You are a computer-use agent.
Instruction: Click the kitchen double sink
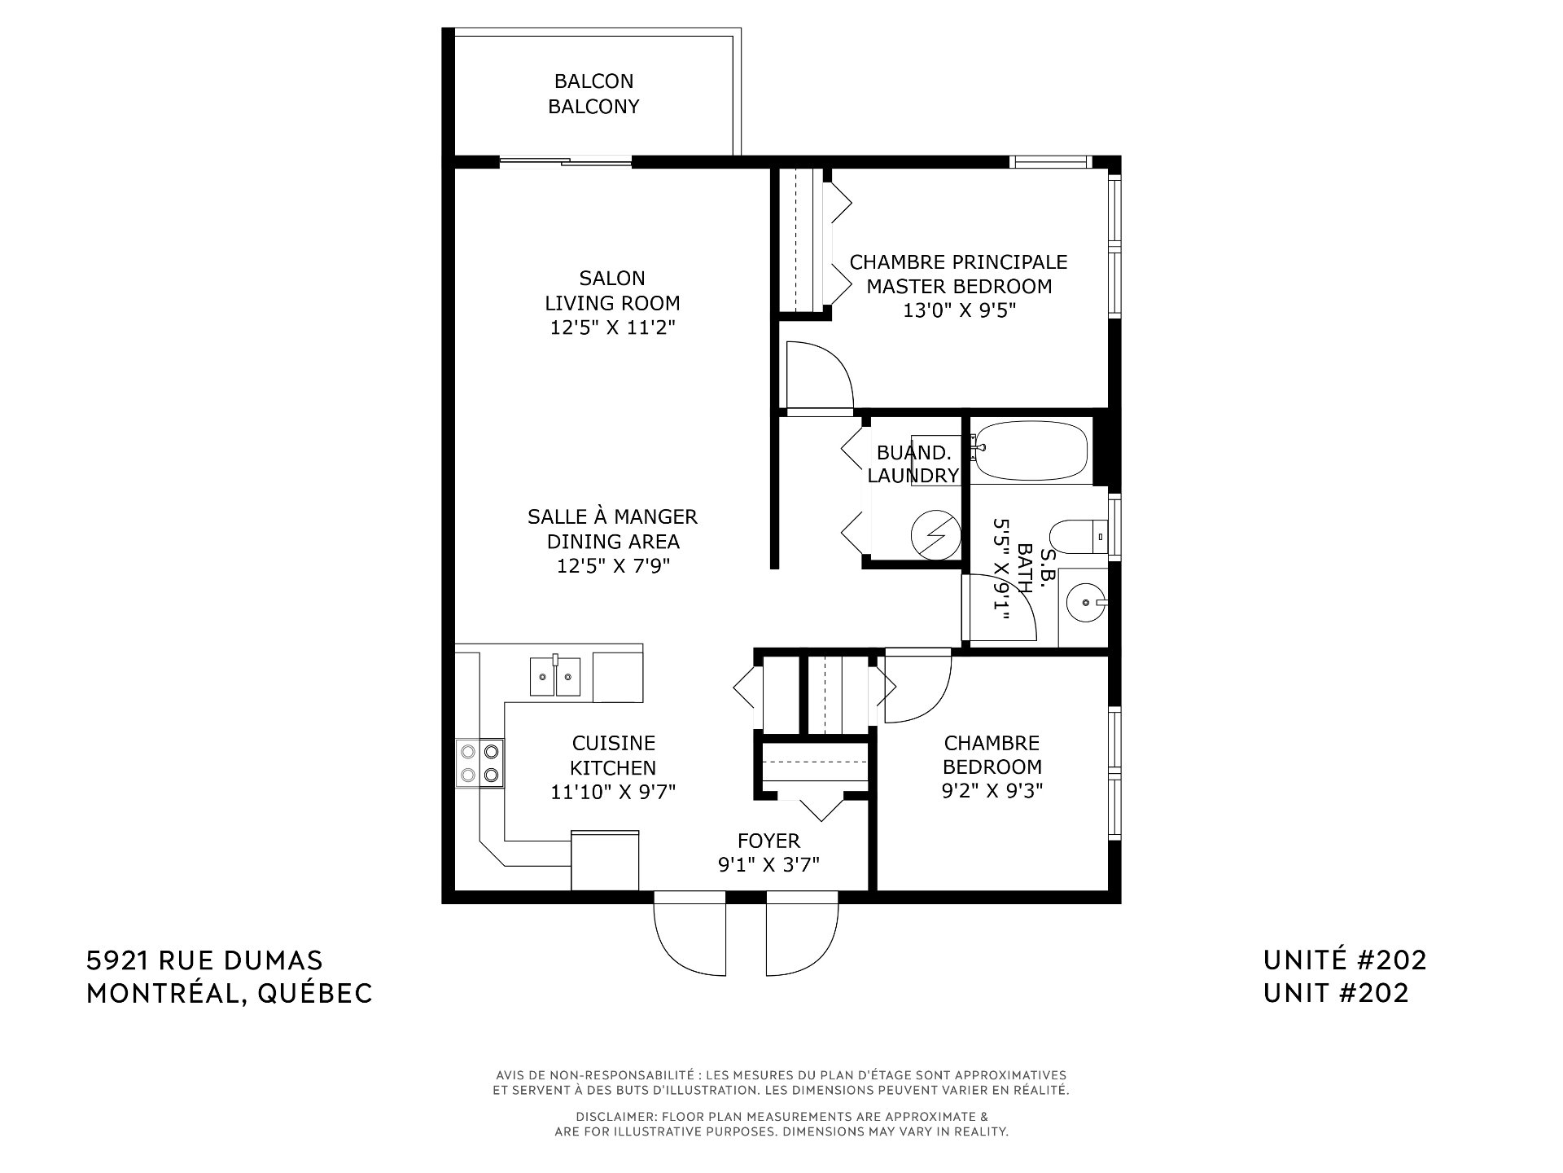(555, 677)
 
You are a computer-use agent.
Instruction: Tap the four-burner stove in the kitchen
(480, 762)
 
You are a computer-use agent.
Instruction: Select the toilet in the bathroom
(1079, 537)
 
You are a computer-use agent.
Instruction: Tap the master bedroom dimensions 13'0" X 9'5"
(959, 311)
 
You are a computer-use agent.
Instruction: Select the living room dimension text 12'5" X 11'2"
(612, 327)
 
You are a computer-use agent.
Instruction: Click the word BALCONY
(593, 107)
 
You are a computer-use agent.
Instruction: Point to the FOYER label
(768, 841)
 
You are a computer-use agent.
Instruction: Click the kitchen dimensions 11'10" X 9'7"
(613, 792)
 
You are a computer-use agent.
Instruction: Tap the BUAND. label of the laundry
(903, 453)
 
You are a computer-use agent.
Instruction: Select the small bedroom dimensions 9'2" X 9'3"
(992, 790)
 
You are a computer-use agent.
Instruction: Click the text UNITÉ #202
(1345, 960)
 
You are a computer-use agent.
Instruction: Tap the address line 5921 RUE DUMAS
(204, 961)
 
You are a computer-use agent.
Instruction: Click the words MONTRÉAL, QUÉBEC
(230, 994)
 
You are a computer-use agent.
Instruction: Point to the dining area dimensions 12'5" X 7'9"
(613, 566)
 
